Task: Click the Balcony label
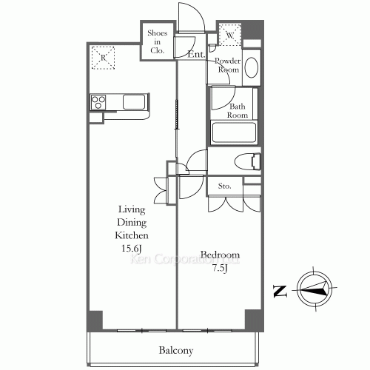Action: pyautogui.click(x=175, y=351)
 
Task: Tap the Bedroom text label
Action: pyautogui.click(x=220, y=256)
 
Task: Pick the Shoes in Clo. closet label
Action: pyautogui.click(x=157, y=41)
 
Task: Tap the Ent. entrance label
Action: pyautogui.click(x=196, y=55)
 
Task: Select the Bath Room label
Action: pyautogui.click(x=237, y=111)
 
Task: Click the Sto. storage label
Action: pyautogui.click(x=223, y=186)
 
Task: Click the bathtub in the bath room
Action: pyautogui.click(x=234, y=134)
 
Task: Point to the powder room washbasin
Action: pyautogui.click(x=251, y=67)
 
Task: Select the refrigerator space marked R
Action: pyautogui.click(x=101, y=57)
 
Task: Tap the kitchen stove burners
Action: pyautogui.click(x=98, y=102)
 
